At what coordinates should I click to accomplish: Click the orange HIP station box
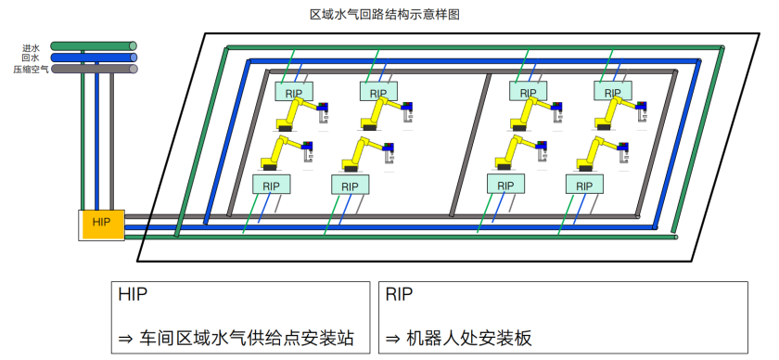point(101,225)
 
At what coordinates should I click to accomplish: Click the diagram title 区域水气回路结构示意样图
point(385,15)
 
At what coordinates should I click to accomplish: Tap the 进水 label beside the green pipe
point(31,48)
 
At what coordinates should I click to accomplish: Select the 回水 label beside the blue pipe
point(31,58)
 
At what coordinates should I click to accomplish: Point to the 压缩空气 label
point(31,69)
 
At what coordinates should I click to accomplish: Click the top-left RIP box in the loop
point(294,92)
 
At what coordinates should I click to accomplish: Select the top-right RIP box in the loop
point(613,91)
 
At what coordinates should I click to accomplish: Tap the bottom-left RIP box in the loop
point(271,184)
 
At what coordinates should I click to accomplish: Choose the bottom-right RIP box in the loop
point(585,185)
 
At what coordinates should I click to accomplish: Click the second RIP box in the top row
point(378,92)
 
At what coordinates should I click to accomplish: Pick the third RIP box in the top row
point(528,91)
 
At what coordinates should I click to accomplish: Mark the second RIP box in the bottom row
point(351,185)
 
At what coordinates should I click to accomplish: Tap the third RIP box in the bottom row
point(505,184)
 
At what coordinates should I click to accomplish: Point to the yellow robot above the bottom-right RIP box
point(602,154)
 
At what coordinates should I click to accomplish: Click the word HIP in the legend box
point(133,294)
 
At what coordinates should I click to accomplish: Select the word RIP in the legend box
point(399,294)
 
